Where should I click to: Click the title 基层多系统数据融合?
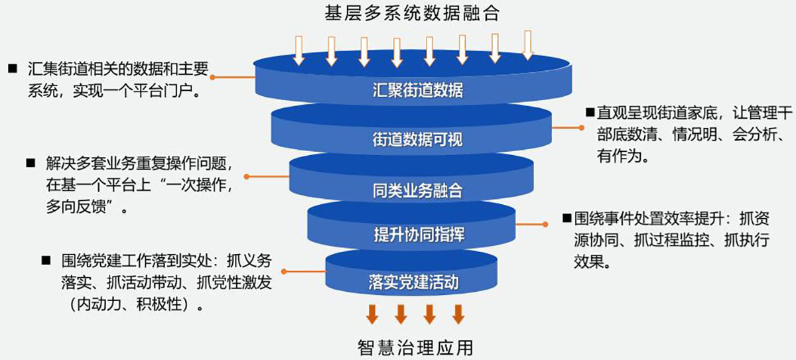pos(411,12)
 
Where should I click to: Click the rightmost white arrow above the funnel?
pos(527,44)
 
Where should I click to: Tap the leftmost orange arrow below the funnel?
pos(372,314)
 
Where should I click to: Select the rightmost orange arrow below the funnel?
pos(458,314)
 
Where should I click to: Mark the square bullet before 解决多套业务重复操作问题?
pos(30,162)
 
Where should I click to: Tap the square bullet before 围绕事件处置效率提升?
pos(566,217)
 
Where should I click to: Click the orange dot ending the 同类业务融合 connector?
pos(246,177)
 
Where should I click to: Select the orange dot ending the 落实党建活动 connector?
pos(284,272)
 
